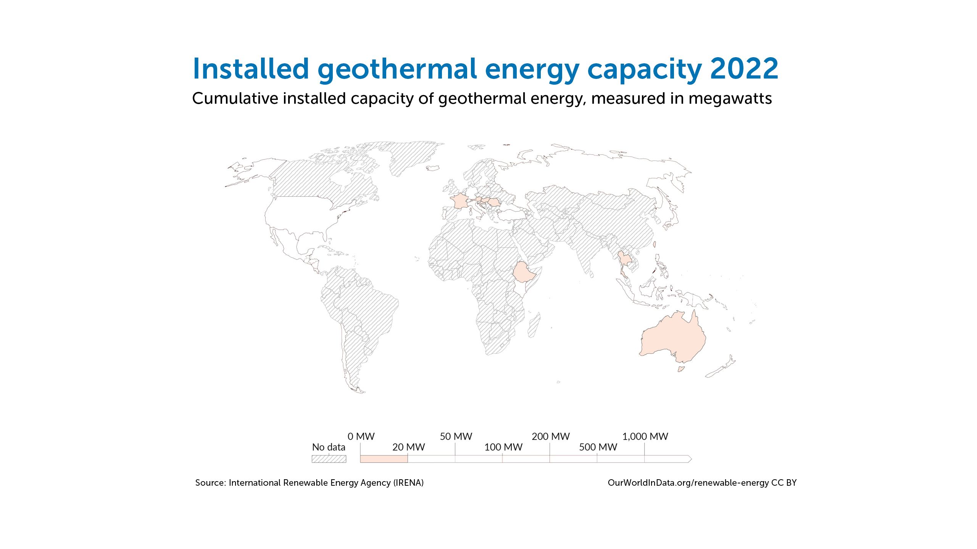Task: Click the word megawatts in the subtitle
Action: (x=730, y=99)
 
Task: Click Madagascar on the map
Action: (x=534, y=325)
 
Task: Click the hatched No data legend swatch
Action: (x=329, y=459)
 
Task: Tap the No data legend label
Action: (x=329, y=447)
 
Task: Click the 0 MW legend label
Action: (x=361, y=437)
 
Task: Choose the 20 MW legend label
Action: (x=408, y=447)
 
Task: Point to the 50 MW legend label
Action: (x=456, y=437)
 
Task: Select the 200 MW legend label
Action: (x=551, y=437)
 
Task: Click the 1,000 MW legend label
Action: (x=645, y=437)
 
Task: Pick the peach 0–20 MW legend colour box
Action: (x=384, y=459)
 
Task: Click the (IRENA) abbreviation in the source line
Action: (x=409, y=483)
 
